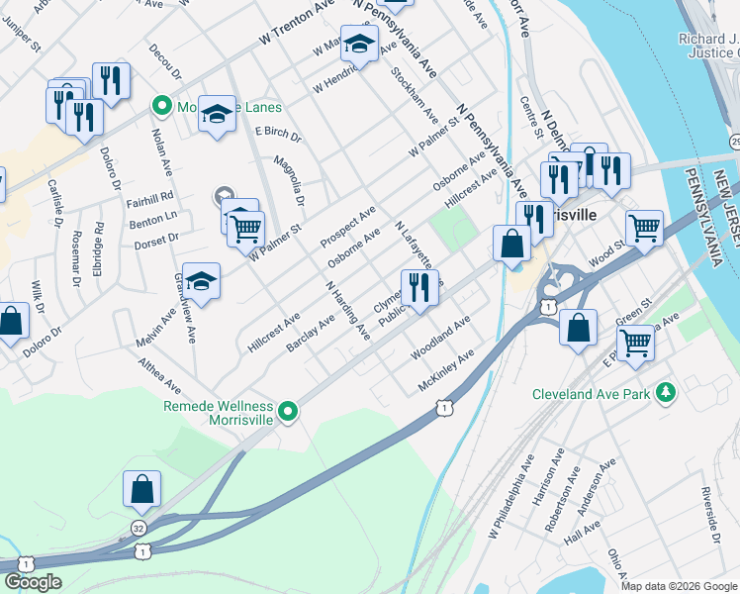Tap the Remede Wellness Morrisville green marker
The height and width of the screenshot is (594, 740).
288,410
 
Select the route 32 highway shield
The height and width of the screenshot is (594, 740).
139,530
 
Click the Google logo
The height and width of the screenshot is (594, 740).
33,582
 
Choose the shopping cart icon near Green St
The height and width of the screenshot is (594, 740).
635,343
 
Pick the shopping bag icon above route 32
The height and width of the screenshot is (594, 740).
141,487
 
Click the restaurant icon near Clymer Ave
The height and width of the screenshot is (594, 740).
418,287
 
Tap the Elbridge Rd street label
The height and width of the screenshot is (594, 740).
98,253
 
